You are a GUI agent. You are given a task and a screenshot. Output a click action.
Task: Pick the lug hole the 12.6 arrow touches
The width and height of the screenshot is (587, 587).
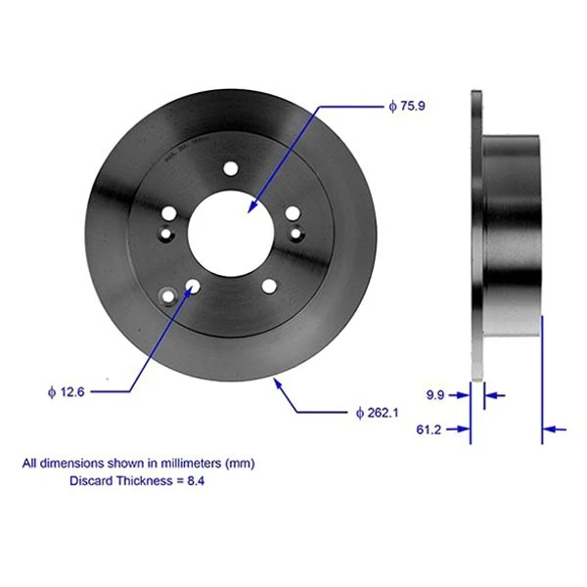pyautogui.click(x=192, y=287)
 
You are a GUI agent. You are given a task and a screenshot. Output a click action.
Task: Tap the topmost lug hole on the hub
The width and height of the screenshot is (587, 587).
pyautogui.click(x=230, y=168)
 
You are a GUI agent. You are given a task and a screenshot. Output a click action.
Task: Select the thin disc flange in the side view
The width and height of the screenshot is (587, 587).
pyautogui.click(x=476, y=235)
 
